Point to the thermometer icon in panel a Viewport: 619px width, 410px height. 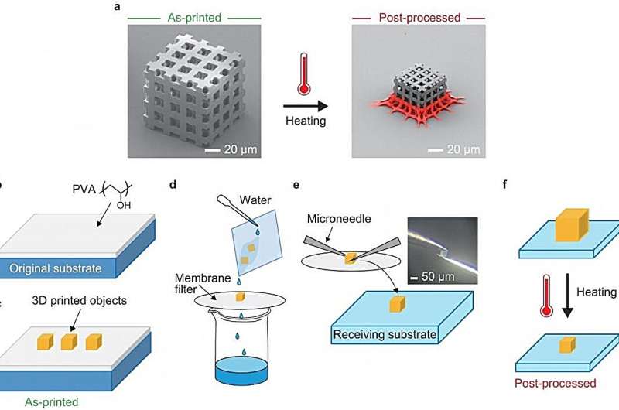[x=302, y=68]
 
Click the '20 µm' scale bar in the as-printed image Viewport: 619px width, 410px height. [x=231, y=147]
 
